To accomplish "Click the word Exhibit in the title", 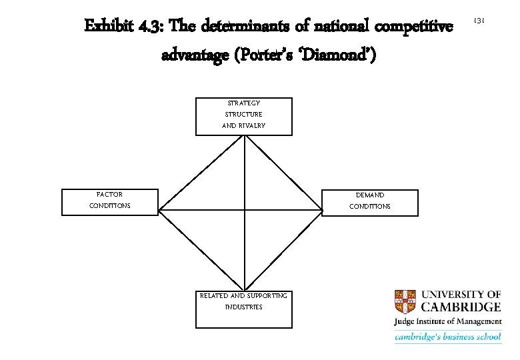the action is point(109,26).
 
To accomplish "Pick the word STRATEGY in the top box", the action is point(244,103).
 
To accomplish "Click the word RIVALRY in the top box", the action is point(253,125).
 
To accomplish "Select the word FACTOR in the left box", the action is point(110,195).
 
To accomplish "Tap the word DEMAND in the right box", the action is point(370,195).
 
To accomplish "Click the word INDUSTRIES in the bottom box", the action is point(244,307).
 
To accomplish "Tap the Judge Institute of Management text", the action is point(447,322).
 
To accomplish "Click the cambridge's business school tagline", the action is point(447,337).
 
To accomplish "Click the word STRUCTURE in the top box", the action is point(244,114).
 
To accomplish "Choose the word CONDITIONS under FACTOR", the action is point(110,206).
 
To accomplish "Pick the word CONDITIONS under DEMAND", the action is point(370,207).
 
